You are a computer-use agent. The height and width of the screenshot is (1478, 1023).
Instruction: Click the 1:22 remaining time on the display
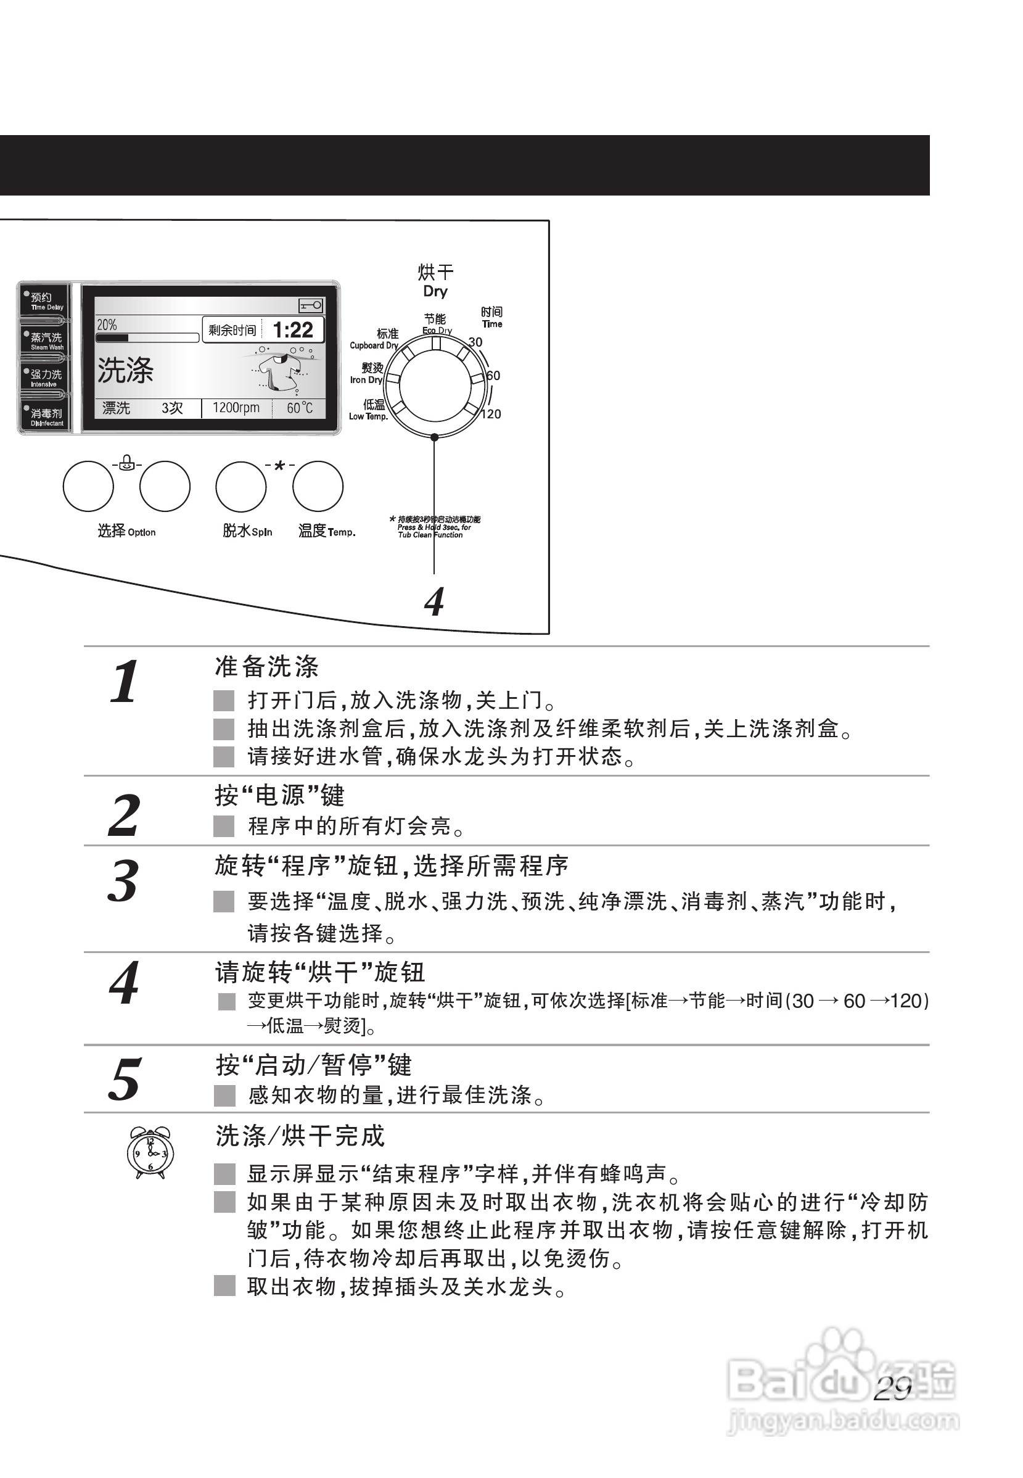pos(293,330)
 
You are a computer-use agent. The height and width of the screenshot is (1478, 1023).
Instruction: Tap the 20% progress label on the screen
pos(107,325)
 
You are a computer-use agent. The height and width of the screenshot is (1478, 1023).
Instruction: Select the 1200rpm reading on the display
pos(236,408)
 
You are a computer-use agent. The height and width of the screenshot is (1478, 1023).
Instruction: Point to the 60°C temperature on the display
pos(299,408)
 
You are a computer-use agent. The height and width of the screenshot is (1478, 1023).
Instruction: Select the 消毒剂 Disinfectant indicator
pos(46,417)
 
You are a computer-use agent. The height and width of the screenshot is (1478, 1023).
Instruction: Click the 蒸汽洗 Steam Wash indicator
pos(46,341)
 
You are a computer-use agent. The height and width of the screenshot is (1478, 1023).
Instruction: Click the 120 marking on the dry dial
pos(491,415)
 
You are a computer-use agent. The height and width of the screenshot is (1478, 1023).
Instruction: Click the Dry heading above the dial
pos(435,291)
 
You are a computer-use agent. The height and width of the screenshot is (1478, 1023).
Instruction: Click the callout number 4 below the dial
pos(434,601)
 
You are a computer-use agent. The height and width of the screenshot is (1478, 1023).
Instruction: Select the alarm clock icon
pos(149,1152)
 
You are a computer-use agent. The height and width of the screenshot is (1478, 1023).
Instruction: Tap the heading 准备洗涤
pos(266,666)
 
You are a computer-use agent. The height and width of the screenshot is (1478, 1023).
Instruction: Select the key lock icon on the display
pos(311,306)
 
